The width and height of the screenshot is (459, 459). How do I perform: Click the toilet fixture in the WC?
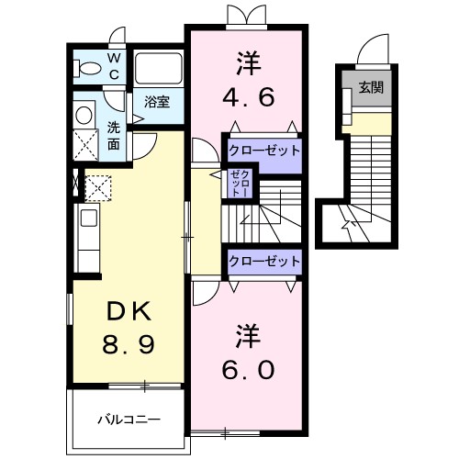(87, 68)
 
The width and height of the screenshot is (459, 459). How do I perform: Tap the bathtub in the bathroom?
(159, 69)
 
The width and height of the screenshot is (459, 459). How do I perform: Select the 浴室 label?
(157, 102)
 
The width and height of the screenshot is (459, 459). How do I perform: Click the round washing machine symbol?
(84, 116)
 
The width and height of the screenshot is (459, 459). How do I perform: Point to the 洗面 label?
(114, 136)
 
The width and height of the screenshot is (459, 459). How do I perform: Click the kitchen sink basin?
(89, 218)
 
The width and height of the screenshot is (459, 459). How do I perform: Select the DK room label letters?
(129, 311)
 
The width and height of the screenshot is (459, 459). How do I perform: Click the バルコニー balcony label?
(129, 420)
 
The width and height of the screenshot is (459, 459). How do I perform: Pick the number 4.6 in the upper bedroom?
(248, 97)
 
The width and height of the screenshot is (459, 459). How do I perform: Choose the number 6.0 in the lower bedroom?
(248, 369)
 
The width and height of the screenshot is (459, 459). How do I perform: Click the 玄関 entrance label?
(371, 88)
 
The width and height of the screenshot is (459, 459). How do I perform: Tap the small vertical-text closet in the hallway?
(241, 183)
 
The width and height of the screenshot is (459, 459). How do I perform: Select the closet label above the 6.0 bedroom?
(264, 262)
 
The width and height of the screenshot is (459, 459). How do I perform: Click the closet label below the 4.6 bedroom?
(264, 151)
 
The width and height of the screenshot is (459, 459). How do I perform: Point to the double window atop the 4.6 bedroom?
(247, 17)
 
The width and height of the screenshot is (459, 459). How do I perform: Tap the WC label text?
(114, 66)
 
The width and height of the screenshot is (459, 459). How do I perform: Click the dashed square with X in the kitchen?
(98, 188)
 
